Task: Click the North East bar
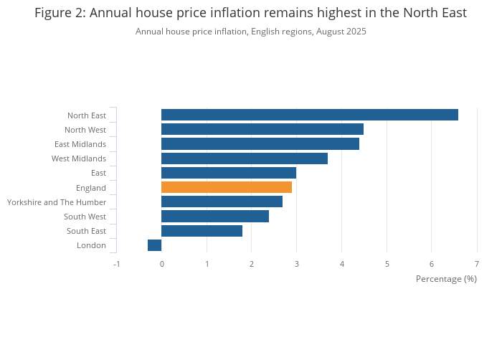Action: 309,115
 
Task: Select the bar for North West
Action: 262,129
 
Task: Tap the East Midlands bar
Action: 260,144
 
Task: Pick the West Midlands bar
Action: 244,158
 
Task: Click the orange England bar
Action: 226,187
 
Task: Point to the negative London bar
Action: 154,245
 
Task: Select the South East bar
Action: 202,231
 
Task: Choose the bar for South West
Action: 214,217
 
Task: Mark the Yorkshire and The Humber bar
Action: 222,202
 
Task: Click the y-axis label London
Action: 91,245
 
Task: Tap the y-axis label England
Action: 91,188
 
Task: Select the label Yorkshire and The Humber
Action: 57,202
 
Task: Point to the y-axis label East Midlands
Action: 80,144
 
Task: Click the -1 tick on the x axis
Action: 116,264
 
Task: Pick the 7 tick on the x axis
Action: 476,264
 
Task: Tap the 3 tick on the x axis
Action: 296,264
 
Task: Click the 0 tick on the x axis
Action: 161,264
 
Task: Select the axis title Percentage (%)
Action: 446,278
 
